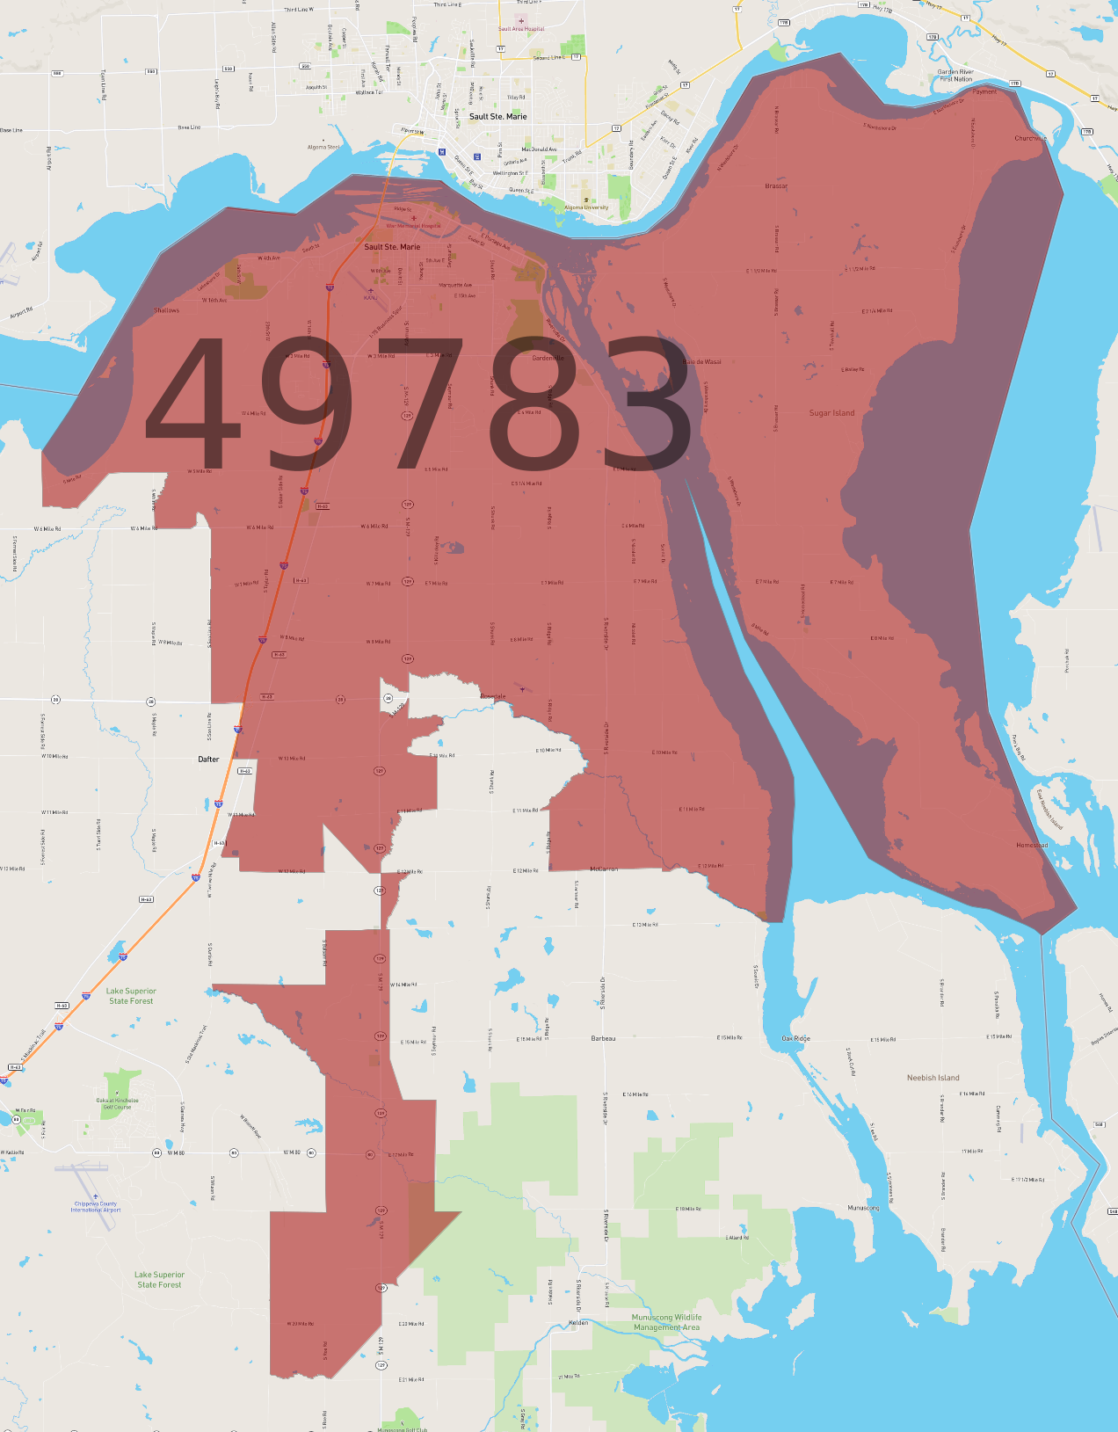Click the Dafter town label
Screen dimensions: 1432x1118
point(208,760)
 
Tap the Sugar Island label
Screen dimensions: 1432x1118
point(831,413)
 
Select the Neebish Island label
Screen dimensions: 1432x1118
point(933,1078)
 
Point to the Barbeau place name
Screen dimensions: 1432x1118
point(603,1039)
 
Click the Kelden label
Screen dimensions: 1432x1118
point(578,1323)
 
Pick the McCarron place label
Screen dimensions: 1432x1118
point(604,869)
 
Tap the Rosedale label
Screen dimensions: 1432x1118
point(493,696)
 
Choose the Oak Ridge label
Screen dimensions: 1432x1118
point(796,1039)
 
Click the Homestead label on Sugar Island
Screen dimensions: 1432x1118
point(1032,846)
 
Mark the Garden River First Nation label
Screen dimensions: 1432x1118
point(955,76)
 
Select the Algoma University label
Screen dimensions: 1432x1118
point(586,208)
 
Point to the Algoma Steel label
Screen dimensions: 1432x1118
point(323,148)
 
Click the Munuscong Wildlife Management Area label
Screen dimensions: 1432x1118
point(666,1322)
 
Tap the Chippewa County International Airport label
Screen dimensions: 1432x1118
point(97,1207)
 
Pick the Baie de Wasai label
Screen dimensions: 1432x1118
point(702,362)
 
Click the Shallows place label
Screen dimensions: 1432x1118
point(166,310)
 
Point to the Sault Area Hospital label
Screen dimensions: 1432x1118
point(521,29)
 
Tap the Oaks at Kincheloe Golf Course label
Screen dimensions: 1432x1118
point(117,1103)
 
